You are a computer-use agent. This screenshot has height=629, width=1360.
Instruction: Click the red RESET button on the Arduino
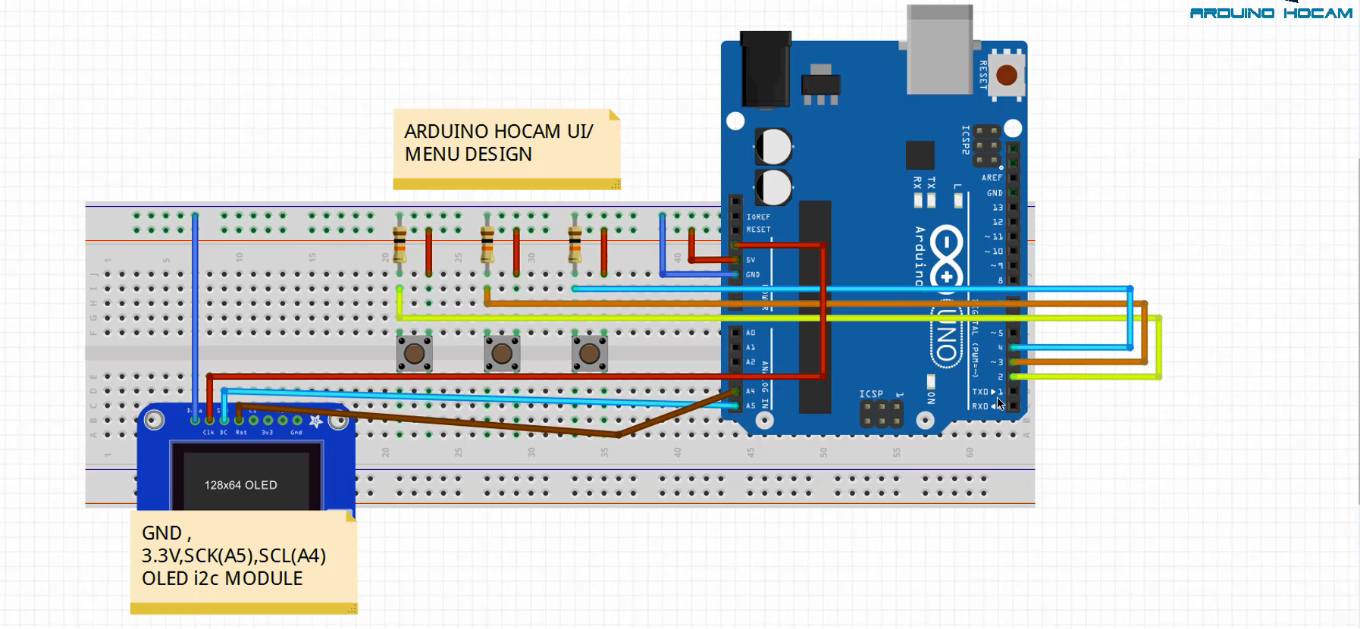click(1006, 76)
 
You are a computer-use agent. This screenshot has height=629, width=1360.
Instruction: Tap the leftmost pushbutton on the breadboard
click(414, 353)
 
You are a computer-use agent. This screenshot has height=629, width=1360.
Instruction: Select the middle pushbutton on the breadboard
click(502, 353)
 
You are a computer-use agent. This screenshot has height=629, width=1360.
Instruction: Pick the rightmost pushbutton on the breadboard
click(589, 353)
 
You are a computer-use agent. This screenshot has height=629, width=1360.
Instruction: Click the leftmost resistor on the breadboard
click(400, 245)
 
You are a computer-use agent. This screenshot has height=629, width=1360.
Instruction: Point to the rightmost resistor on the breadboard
click(575, 245)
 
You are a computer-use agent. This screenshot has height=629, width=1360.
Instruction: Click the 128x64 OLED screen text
click(240, 485)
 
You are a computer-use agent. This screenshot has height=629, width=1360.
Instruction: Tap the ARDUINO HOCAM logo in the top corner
click(1271, 13)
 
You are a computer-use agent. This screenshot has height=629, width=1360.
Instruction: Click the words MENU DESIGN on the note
click(468, 155)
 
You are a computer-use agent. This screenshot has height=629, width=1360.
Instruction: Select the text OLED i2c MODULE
click(222, 578)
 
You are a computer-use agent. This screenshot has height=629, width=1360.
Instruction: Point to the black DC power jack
click(765, 68)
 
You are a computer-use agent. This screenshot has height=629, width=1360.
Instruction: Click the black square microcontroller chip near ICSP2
click(919, 155)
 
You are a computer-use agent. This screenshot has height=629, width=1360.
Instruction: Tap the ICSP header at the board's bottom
click(881, 413)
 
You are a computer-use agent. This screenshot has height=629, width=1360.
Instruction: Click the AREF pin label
click(992, 178)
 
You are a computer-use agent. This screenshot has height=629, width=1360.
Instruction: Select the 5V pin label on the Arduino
click(751, 260)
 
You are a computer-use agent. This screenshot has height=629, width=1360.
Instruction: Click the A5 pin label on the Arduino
click(751, 406)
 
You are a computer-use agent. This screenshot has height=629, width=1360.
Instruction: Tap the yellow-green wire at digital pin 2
click(1084, 377)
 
